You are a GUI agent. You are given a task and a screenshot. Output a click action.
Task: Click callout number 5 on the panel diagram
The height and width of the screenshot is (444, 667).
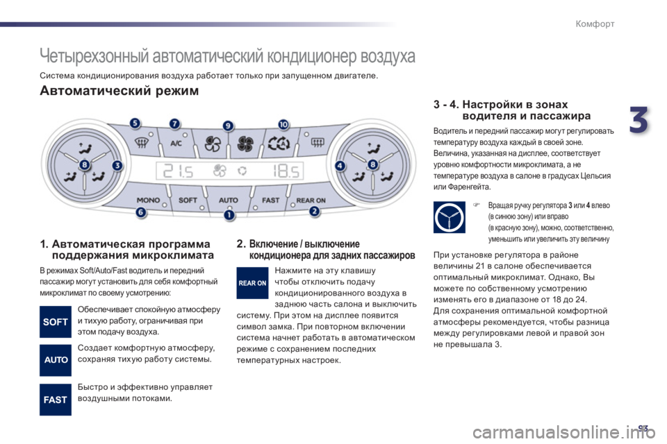(x=135, y=123)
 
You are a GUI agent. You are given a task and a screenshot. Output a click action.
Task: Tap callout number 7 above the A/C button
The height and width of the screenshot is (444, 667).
(x=174, y=123)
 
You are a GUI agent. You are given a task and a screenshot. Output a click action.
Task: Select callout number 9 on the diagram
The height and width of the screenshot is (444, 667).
(x=229, y=126)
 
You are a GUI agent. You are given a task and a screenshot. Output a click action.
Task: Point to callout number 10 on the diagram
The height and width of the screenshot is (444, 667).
(x=283, y=124)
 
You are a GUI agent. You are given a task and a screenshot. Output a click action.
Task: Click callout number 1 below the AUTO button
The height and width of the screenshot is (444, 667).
(x=229, y=215)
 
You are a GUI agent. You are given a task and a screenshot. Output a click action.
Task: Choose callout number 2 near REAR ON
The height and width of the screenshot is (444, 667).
(x=314, y=211)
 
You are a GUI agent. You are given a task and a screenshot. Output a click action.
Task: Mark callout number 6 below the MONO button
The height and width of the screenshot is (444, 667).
(x=141, y=212)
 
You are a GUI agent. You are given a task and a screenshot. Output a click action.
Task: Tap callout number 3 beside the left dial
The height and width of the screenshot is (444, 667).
(x=117, y=165)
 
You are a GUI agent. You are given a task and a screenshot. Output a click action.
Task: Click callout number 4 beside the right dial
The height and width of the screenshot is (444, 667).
(x=340, y=165)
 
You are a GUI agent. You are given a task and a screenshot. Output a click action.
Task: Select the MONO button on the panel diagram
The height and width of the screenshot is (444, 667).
(x=149, y=200)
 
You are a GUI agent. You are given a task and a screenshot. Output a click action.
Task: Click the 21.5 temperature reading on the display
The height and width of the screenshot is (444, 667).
(x=179, y=171)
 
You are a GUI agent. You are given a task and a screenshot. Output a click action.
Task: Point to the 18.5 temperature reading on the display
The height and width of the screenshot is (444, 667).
(x=286, y=171)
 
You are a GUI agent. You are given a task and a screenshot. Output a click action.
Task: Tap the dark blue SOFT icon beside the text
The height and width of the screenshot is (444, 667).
(x=56, y=322)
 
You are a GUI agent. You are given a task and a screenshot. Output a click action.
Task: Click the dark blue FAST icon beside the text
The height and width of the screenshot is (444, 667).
(x=56, y=400)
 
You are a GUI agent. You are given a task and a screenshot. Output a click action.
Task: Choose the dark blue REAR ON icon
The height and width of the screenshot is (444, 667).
(x=252, y=283)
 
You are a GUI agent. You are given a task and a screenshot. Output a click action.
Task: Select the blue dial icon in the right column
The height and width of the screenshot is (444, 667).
(x=450, y=217)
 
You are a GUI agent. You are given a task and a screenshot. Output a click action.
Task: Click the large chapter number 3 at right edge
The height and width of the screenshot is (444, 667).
(x=639, y=120)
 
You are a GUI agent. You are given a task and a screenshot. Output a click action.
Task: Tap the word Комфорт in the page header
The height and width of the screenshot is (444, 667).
(x=595, y=24)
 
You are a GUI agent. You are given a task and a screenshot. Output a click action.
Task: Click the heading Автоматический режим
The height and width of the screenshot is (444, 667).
(x=119, y=91)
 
